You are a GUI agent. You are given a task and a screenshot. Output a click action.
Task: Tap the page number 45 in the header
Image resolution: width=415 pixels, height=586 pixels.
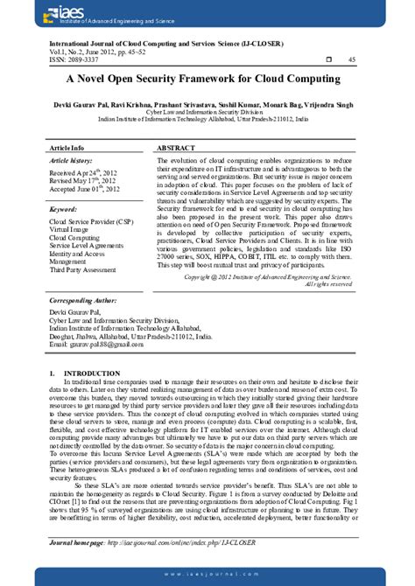tap(352, 59)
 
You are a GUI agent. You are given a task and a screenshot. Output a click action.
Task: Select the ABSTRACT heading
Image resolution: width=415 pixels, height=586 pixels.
tap(176, 150)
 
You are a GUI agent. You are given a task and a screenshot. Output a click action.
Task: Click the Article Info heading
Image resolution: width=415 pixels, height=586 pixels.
tap(67, 150)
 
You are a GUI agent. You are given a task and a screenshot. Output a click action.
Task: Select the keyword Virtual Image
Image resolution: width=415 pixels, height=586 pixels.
tap(72, 229)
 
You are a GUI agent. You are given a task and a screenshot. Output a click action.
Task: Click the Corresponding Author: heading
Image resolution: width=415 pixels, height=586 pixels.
tap(84, 300)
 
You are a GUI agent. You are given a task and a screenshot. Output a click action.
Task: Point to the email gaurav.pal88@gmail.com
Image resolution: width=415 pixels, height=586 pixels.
tap(96, 345)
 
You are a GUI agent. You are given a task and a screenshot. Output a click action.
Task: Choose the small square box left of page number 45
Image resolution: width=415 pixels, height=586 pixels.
tap(327, 59)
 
